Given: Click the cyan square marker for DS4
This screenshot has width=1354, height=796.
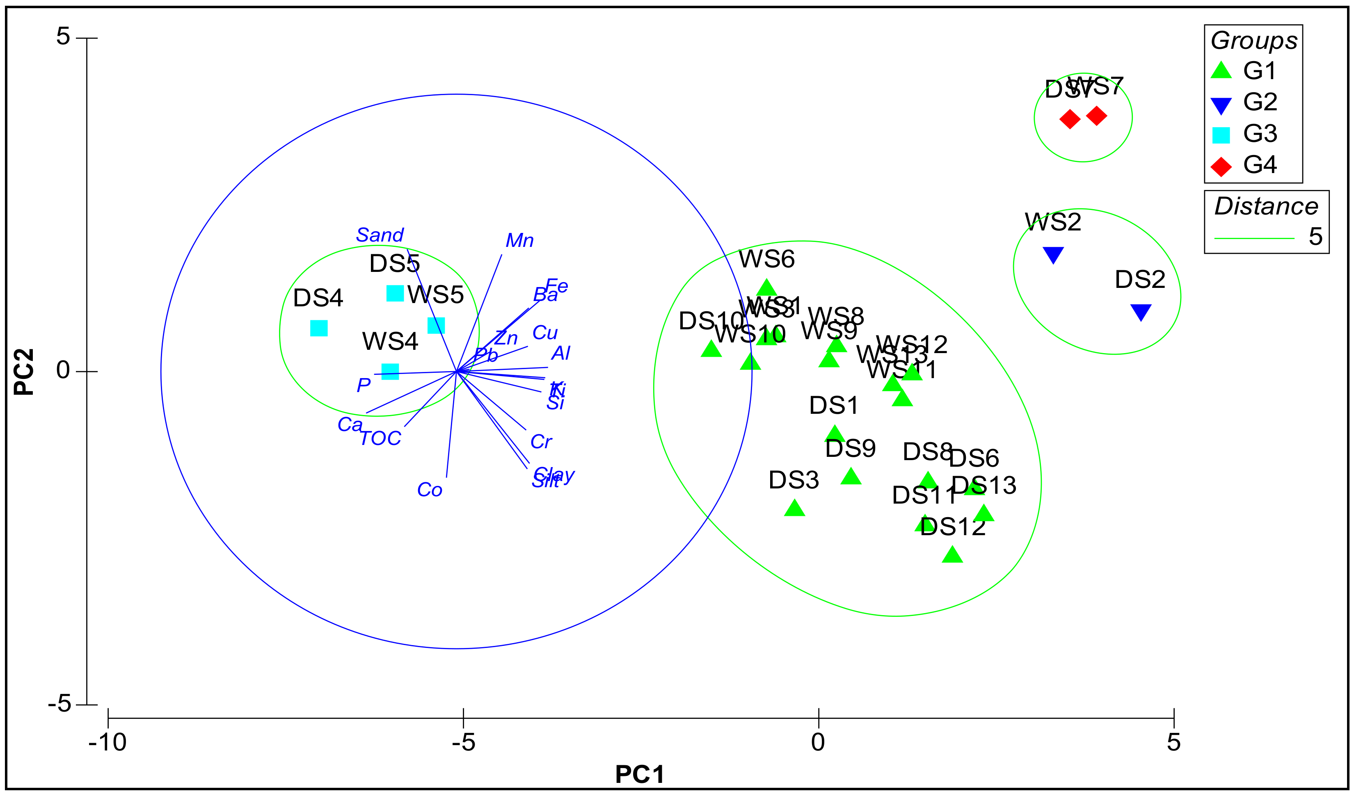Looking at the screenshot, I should [x=319, y=328].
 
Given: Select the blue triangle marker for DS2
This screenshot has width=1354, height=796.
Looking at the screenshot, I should [x=1140, y=312].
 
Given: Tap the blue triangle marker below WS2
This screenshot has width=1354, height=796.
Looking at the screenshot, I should [x=1053, y=255].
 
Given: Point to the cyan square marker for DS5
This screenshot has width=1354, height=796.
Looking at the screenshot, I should [x=395, y=293].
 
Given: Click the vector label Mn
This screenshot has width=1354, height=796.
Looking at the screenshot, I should [x=519, y=241].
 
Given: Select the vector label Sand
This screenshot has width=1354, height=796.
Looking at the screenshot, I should [x=380, y=235].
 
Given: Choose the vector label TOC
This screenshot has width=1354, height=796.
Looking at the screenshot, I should [x=380, y=439].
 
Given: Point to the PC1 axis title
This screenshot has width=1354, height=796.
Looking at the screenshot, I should [x=639, y=774].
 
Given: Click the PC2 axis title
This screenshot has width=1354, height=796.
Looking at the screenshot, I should [x=24, y=372].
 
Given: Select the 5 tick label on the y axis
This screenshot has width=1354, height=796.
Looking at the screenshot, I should [x=63, y=36].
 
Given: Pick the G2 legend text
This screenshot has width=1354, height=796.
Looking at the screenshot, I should [x=1260, y=102].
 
